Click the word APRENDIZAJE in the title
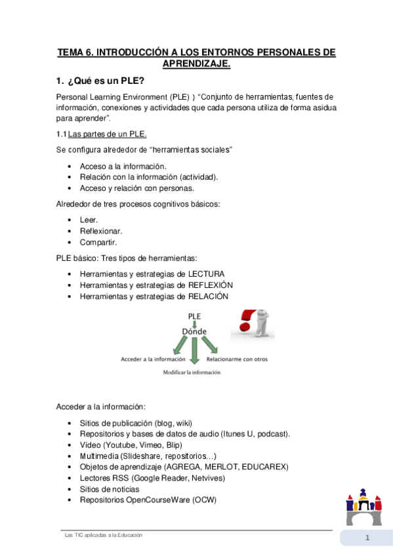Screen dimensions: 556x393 coord(196,64)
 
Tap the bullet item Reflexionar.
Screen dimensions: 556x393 coord(101,231)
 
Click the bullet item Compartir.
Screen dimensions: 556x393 coord(100,242)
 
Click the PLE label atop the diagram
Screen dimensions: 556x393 coord(194,315)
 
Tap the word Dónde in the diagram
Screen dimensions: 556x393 coord(194,330)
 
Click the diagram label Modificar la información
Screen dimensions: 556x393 coord(192,372)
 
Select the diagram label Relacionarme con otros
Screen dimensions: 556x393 coord(237,359)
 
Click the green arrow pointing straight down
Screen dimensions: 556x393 coord(194,351)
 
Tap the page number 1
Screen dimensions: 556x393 coord(368,539)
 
